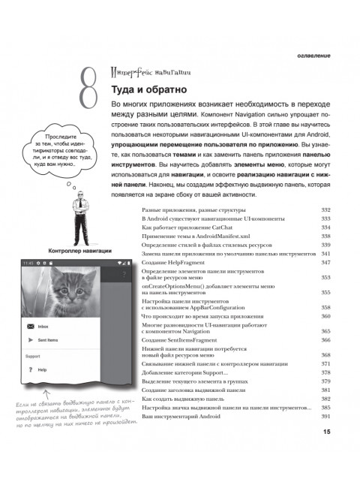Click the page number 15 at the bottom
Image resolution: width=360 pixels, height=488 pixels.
(326, 452)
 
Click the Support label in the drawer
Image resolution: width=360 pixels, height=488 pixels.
(34, 356)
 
